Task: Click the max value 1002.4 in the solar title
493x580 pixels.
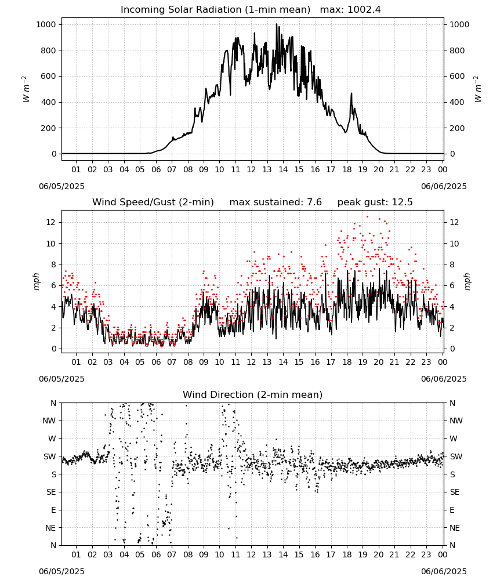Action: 364,10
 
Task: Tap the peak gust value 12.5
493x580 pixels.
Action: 401,202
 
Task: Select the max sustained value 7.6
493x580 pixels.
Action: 313,202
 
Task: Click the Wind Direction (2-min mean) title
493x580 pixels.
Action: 253,394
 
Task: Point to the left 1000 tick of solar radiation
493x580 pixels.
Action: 46,24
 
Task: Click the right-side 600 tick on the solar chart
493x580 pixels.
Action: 457,76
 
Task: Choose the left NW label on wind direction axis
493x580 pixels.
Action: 49,420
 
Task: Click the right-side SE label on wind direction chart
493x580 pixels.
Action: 455,492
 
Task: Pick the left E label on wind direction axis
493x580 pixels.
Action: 53,510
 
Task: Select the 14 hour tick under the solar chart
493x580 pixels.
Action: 283,169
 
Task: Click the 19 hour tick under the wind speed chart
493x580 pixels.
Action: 362,362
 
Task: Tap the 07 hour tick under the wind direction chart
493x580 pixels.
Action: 172,554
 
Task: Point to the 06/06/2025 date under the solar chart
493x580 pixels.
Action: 444,186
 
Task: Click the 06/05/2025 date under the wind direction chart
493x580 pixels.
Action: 61,571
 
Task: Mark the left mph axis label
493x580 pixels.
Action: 36,281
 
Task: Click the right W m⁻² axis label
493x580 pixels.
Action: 477,89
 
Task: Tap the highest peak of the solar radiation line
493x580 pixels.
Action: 276,24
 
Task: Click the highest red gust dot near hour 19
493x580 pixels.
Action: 367,217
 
